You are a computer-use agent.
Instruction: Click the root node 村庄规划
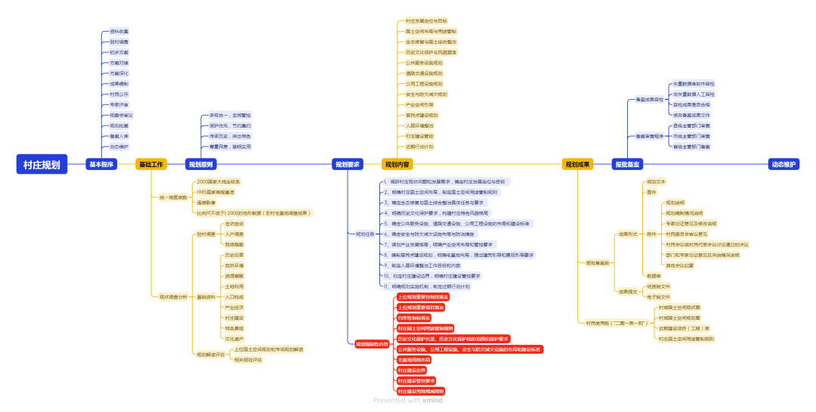coord(42,164)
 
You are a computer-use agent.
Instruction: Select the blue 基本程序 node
coord(101,164)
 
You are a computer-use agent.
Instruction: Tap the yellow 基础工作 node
coord(151,164)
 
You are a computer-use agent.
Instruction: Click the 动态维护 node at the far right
coord(784,164)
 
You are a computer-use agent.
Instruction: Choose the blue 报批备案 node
coord(627,164)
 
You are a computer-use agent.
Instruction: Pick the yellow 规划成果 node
coord(578,164)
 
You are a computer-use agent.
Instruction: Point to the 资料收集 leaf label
coord(119,32)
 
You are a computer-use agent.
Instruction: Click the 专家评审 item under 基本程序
coord(119,104)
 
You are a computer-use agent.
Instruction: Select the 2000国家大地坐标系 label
coord(218,182)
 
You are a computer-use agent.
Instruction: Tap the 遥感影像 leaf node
coord(206,203)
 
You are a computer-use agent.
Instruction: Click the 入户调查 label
coord(234,234)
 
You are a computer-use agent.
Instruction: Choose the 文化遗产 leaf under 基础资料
coord(234,339)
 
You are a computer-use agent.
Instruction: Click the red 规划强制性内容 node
coord(372,344)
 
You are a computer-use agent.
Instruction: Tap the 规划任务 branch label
coord(366,234)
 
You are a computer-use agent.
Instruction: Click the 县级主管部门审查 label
coord(691,125)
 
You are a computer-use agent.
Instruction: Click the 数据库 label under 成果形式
coord(654,276)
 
